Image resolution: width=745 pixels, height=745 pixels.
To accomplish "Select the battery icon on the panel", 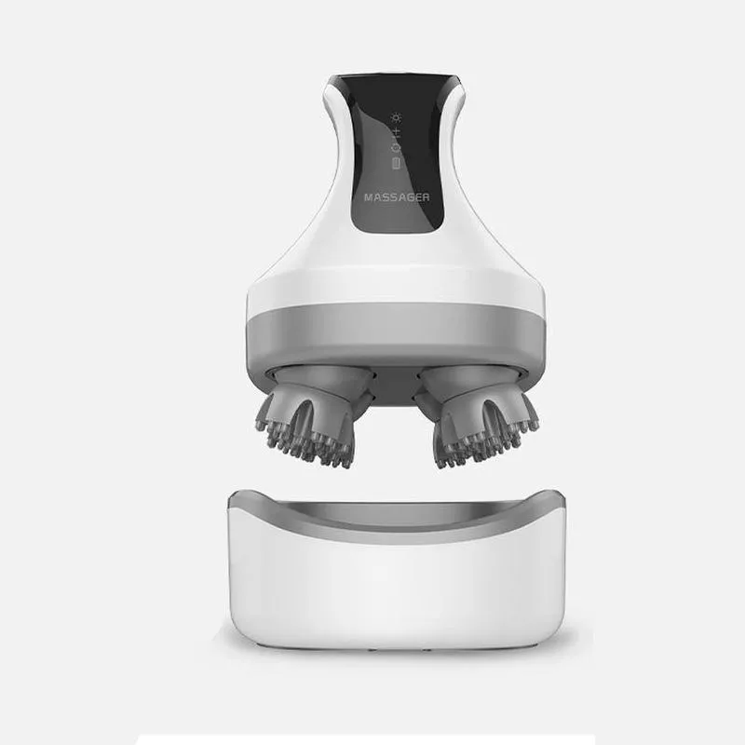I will coord(395,163).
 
